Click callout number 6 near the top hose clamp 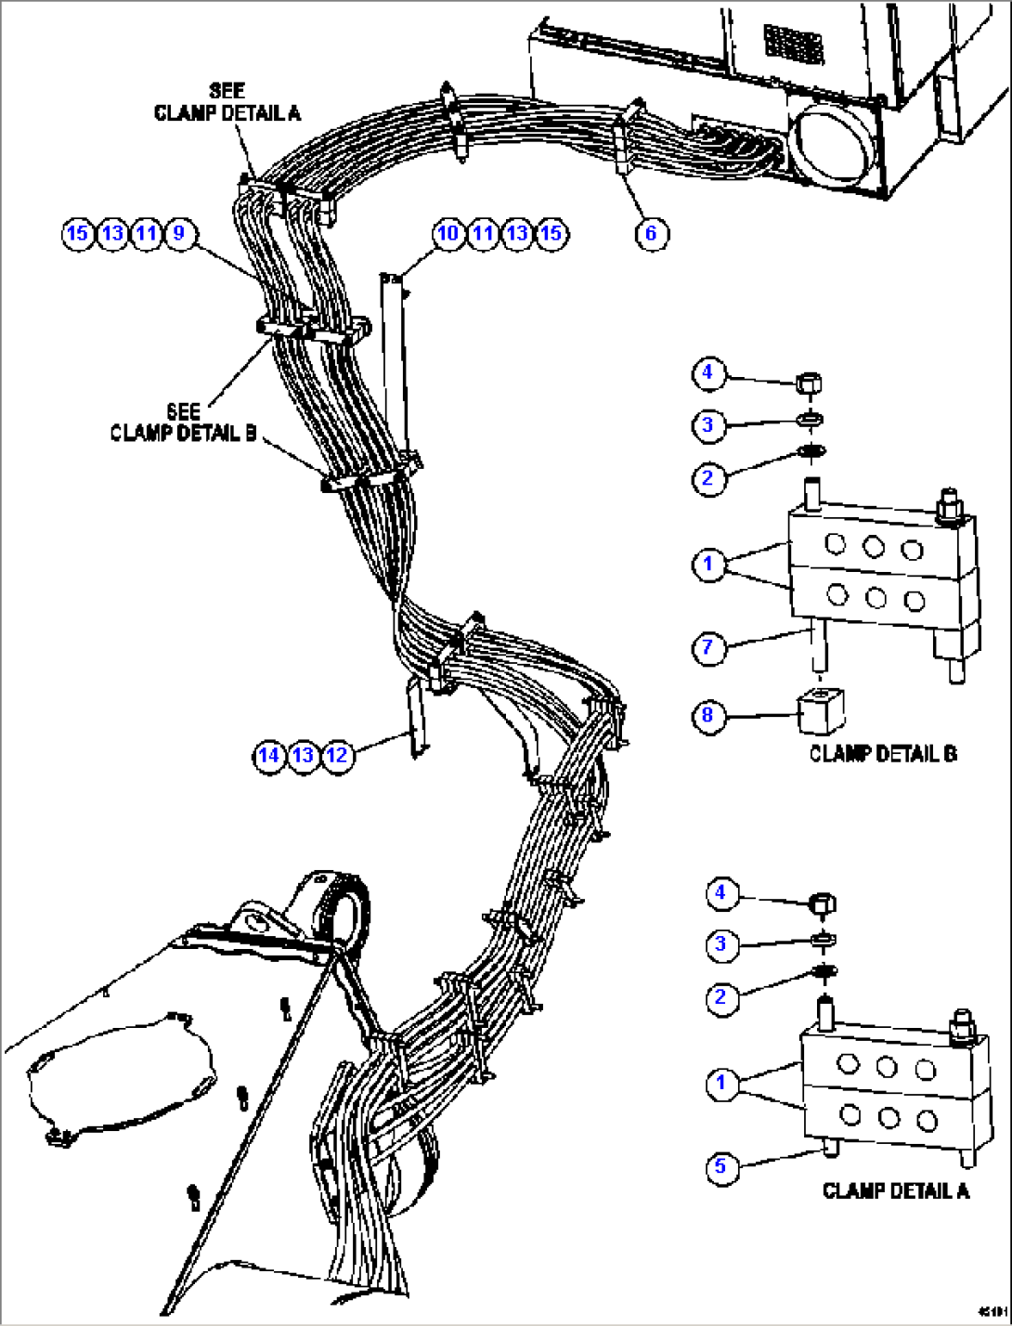point(650,233)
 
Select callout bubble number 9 point(179,233)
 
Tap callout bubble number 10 point(448,233)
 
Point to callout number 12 point(337,756)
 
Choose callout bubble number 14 point(268,756)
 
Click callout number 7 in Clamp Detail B point(708,647)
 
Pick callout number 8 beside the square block point(708,716)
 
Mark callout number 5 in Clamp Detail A point(720,1166)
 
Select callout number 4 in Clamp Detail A point(720,893)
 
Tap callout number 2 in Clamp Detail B point(708,478)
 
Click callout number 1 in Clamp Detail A point(720,1083)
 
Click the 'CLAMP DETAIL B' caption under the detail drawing point(882,754)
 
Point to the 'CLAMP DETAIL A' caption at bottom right point(895,1191)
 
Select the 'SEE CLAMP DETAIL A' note point(227,102)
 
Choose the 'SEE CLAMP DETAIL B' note point(183,422)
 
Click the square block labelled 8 point(820,711)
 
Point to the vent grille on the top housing point(794,43)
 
